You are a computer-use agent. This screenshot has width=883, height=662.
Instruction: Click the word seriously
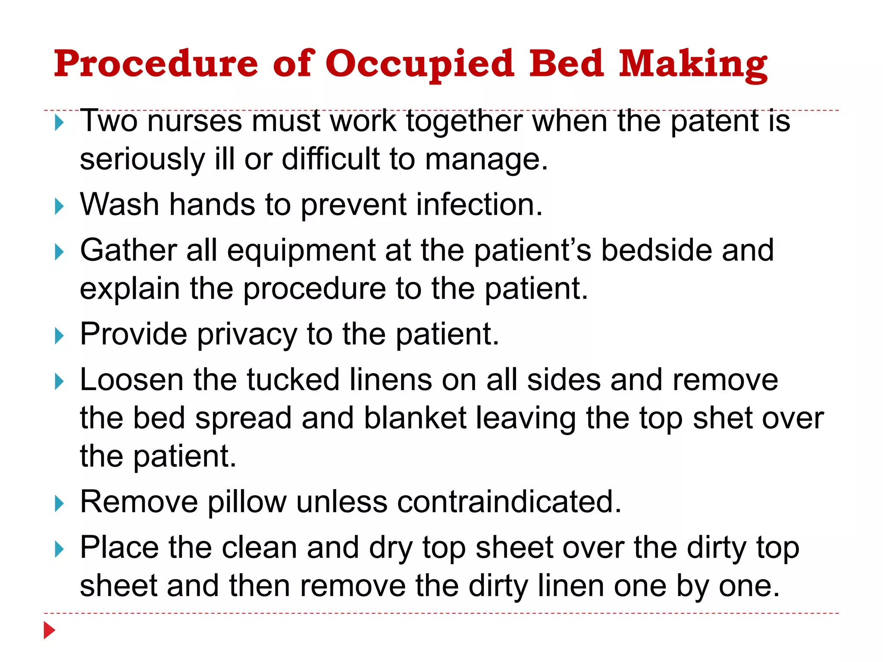(142, 159)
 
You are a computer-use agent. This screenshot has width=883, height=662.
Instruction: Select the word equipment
(301, 251)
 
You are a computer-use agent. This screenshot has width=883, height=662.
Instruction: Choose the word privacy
(247, 334)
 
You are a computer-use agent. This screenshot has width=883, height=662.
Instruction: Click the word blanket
(415, 418)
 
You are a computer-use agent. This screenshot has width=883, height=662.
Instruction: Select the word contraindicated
(509, 502)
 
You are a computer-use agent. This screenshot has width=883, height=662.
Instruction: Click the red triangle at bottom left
(49, 631)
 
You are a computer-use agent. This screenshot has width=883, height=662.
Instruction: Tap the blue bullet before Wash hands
(59, 206)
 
